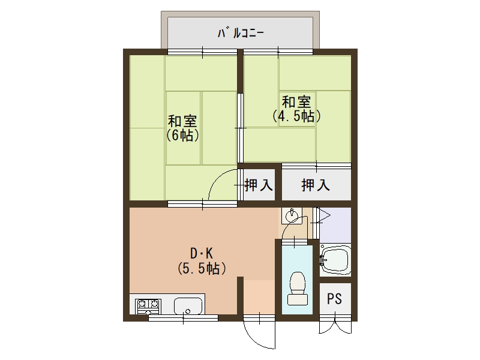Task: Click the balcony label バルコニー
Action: tap(241, 33)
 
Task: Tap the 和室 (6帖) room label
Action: tap(183, 128)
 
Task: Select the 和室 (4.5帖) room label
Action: tap(296, 109)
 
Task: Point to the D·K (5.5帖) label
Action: tap(202, 261)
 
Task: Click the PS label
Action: tap(334, 299)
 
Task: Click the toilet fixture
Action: tap(297, 289)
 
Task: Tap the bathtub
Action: tap(335, 260)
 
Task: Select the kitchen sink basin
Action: tap(188, 306)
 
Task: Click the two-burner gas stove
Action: tap(148, 306)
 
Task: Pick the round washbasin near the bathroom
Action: tap(292, 216)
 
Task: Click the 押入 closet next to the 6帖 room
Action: tap(259, 185)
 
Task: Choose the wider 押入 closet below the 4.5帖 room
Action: tap(316, 185)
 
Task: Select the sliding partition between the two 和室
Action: tap(241, 128)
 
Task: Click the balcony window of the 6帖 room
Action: tap(202, 52)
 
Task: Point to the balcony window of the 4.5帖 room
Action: tap(278, 52)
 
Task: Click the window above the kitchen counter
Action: tap(183, 318)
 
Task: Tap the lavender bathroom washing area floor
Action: tap(335, 224)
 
